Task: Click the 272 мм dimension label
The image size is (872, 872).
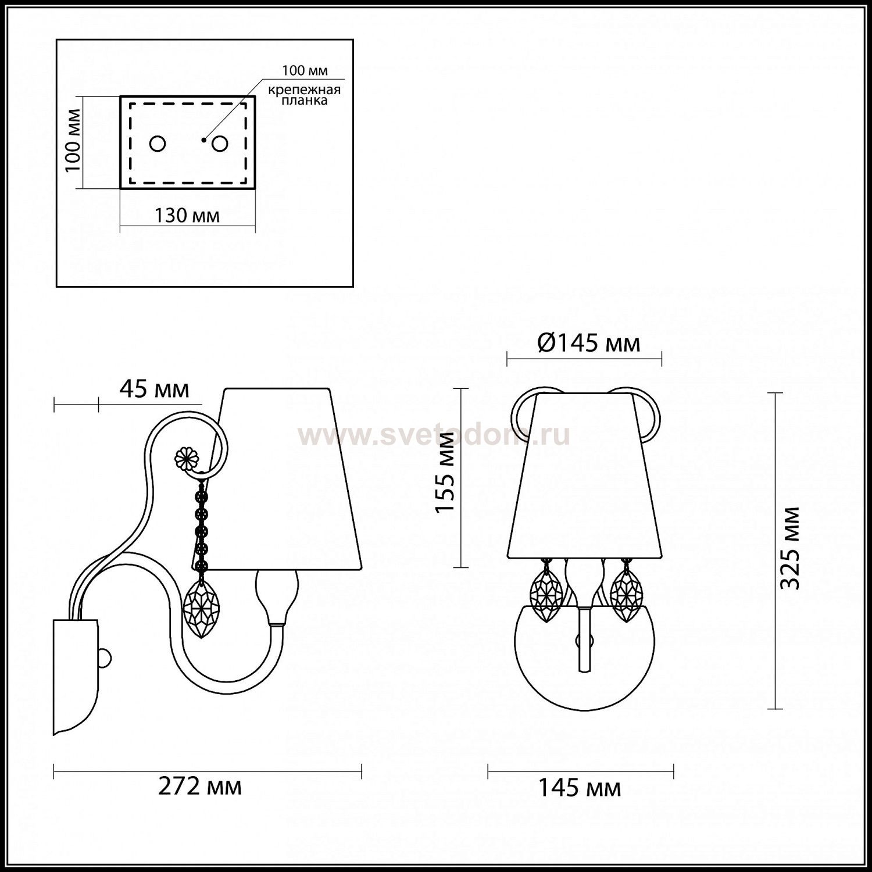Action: (200, 787)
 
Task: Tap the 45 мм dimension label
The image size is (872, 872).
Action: (154, 389)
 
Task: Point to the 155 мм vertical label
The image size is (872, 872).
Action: (446, 472)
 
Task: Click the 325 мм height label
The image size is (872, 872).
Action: (790, 548)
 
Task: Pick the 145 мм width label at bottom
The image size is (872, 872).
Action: (579, 788)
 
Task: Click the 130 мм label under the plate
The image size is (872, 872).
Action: (187, 216)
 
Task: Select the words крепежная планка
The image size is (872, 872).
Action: (304, 95)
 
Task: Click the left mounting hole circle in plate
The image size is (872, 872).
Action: (158, 143)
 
